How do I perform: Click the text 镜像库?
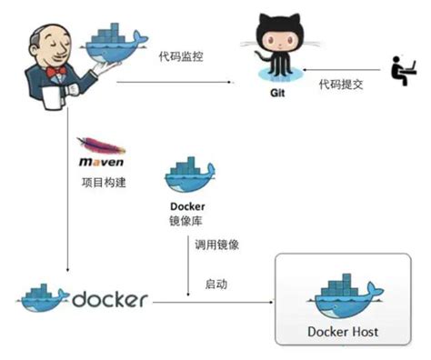188,221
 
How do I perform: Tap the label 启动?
216,284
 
